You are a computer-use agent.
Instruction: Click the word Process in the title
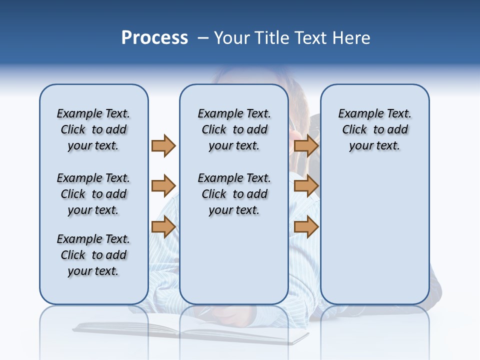pyautogui.click(x=154, y=38)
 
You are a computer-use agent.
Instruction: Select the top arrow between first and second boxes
pyautogui.click(x=163, y=145)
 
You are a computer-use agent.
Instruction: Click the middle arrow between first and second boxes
pyautogui.click(x=163, y=186)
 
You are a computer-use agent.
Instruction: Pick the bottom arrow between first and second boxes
pyautogui.click(x=163, y=227)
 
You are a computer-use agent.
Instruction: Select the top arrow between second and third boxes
pyautogui.click(x=306, y=145)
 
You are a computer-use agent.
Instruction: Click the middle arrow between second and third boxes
pyautogui.click(x=306, y=186)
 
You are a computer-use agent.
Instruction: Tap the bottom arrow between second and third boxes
pyautogui.click(x=306, y=227)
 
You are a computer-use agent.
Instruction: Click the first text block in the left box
pyautogui.click(x=93, y=129)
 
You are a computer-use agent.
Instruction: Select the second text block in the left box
pyautogui.click(x=93, y=194)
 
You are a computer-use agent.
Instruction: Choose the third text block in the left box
pyautogui.click(x=93, y=255)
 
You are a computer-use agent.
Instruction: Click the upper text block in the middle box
pyautogui.click(x=234, y=129)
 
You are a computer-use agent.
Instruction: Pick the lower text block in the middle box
pyautogui.click(x=234, y=194)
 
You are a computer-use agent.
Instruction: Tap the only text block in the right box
pyautogui.click(x=374, y=129)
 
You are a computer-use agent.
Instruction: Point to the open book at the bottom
pyautogui.click(x=190, y=332)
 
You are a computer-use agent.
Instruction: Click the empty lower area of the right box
pyautogui.click(x=374, y=235)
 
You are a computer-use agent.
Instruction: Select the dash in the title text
pyautogui.click(x=203, y=38)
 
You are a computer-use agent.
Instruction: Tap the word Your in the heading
pyautogui.click(x=233, y=38)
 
